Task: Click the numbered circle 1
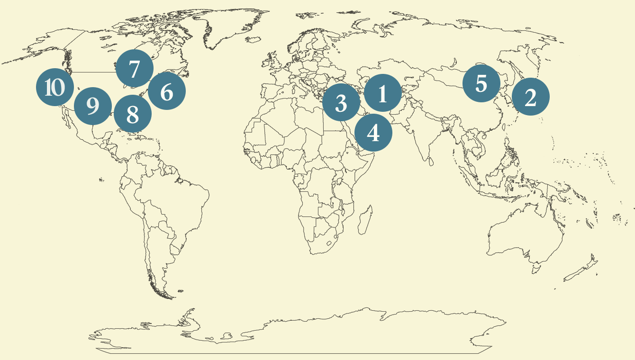click(383, 93)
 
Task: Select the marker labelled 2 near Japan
click(531, 97)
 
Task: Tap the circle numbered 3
click(341, 102)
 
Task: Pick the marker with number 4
click(373, 133)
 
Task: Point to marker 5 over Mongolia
click(481, 83)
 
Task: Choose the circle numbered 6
click(167, 91)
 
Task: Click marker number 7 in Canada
click(135, 68)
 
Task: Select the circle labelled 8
click(133, 114)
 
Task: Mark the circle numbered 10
click(55, 87)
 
